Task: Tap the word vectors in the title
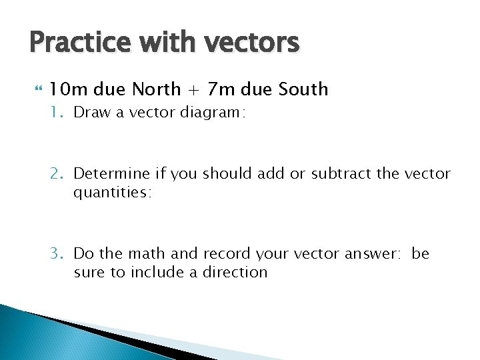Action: click(x=251, y=43)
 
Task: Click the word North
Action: click(x=157, y=89)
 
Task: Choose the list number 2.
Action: click(x=56, y=174)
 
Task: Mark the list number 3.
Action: click(x=56, y=254)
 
